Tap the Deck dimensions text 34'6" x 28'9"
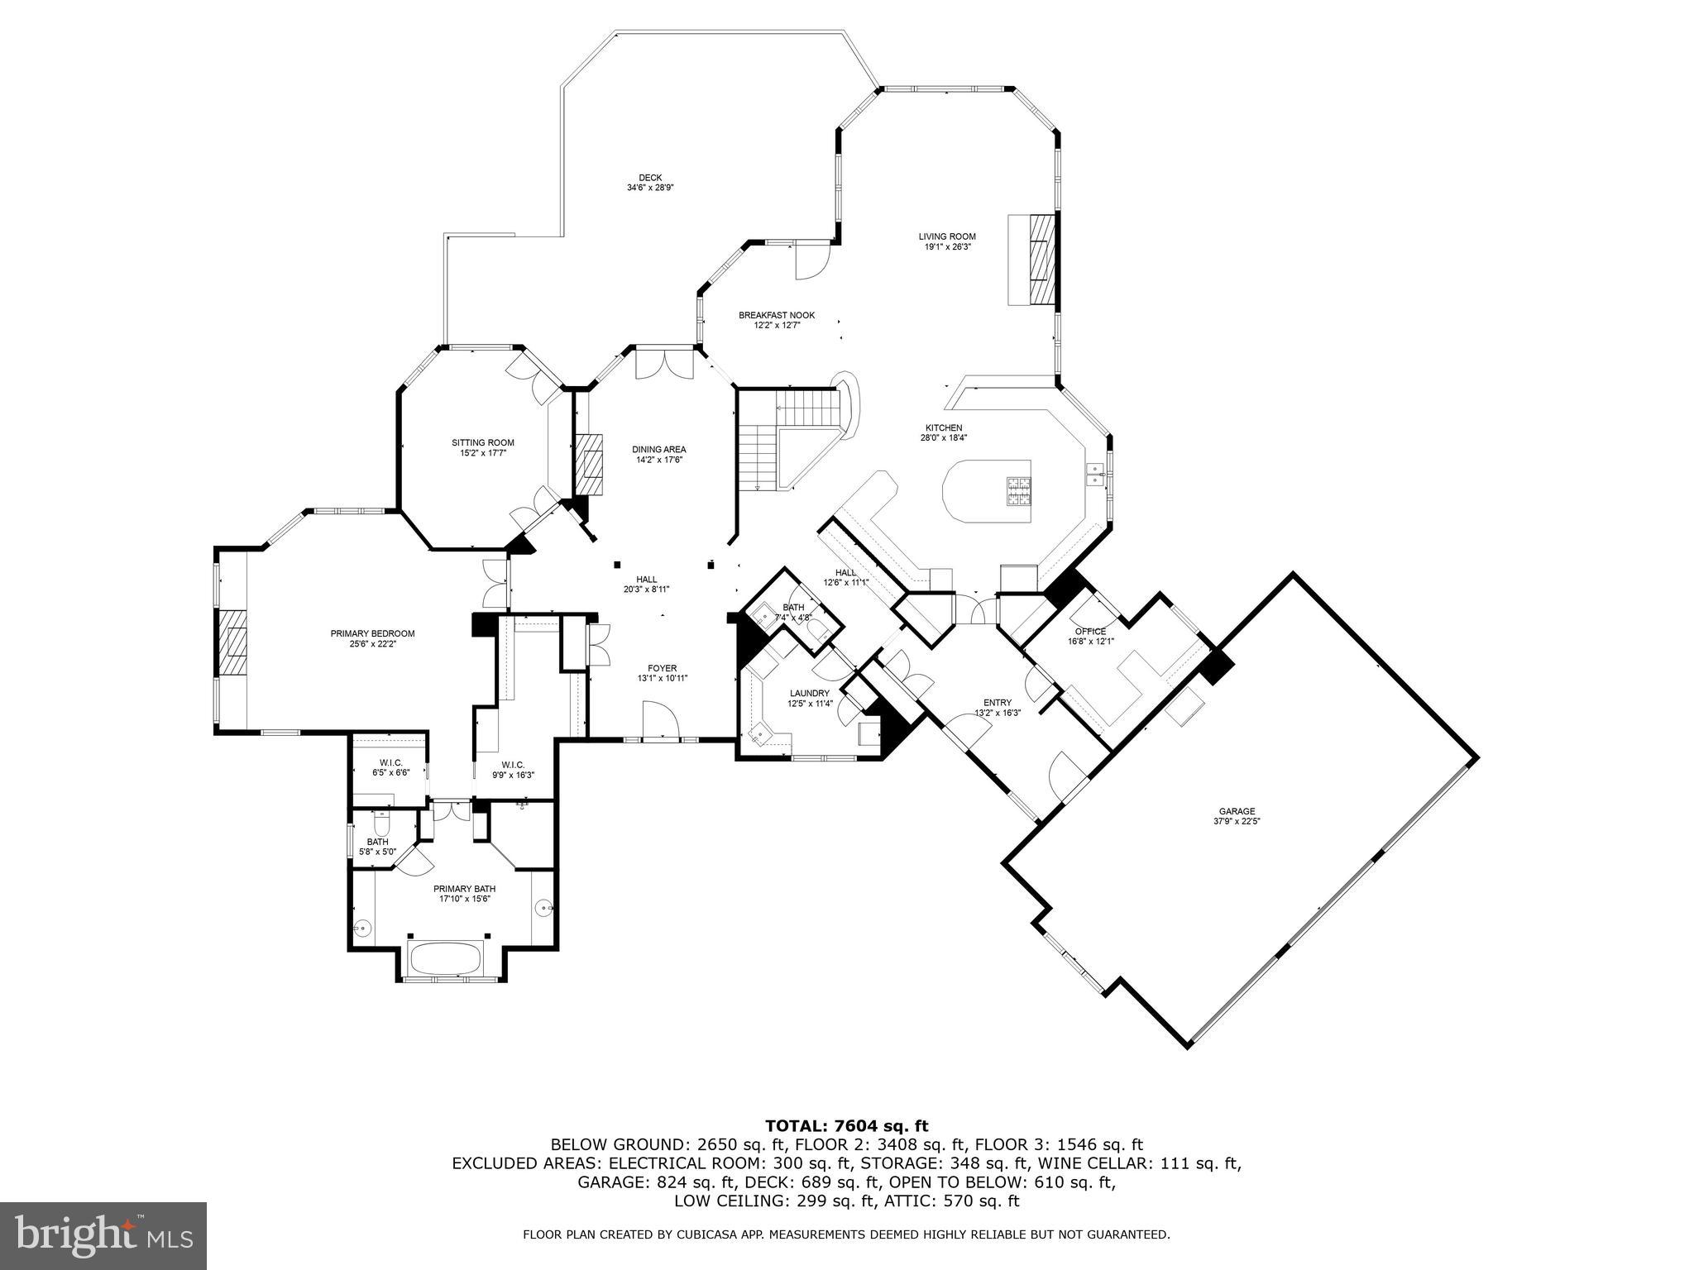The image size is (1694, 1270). (650, 188)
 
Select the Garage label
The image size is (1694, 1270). (1237, 811)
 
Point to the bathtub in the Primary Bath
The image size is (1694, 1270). (447, 959)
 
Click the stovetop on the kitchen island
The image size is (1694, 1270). (1018, 491)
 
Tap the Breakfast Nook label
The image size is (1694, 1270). (776, 315)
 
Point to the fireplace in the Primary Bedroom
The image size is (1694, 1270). (234, 644)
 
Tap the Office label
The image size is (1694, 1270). (1090, 631)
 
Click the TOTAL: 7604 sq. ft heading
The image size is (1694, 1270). (846, 1125)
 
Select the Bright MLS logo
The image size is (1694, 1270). (103, 1235)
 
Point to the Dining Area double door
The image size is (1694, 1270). (664, 365)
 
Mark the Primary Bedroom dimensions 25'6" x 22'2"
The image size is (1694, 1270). (372, 644)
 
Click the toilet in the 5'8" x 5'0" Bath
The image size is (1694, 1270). (381, 824)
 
